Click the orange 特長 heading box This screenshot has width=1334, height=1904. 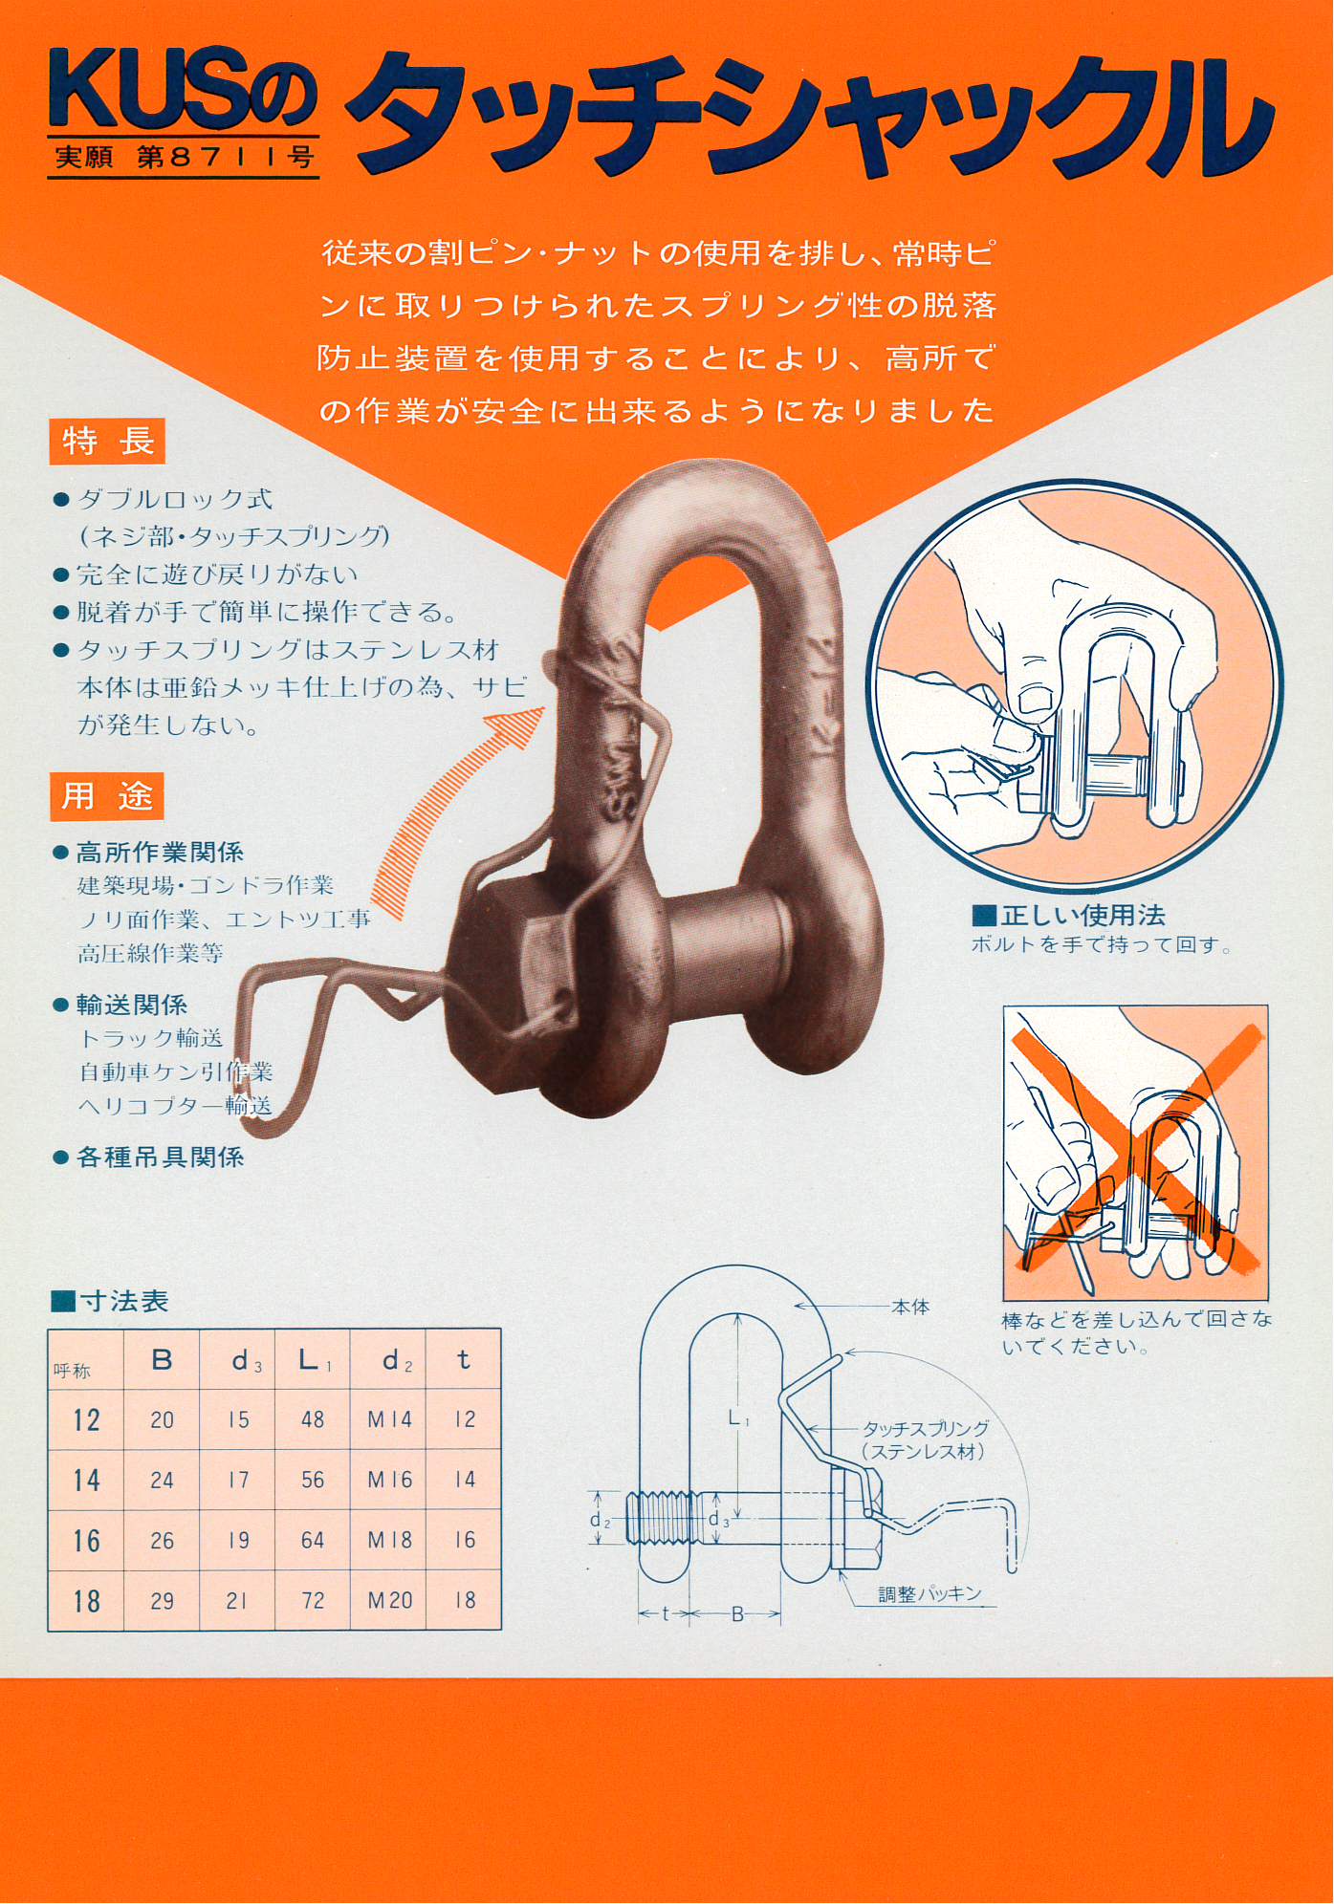click(107, 442)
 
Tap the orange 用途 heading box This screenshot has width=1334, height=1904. click(107, 796)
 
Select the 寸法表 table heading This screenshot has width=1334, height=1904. click(110, 1301)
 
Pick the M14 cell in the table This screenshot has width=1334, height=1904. click(389, 1419)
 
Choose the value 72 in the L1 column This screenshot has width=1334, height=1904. click(313, 1600)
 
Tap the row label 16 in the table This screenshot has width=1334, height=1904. click(86, 1541)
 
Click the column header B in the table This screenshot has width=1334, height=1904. click(162, 1359)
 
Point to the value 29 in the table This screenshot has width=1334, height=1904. click(162, 1600)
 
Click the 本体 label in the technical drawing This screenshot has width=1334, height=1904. click(910, 1307)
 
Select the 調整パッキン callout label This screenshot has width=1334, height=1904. click(930, 1593)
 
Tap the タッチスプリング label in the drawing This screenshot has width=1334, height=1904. click(926, 1429)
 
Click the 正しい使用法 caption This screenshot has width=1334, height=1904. click(1069, 916)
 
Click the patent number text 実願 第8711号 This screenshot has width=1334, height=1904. click(184, 156)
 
